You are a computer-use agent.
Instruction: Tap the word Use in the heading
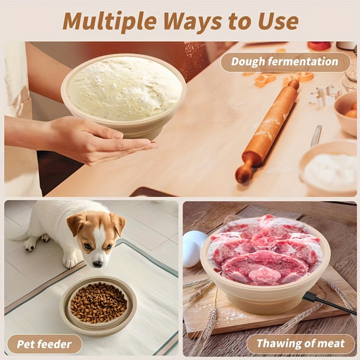pos(278,21)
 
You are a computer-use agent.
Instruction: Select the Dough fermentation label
pos(285,62)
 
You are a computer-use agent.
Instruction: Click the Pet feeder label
pos(44,344)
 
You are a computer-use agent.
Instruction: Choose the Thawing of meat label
pos(301,343)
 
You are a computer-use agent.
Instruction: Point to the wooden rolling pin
pos(267,131)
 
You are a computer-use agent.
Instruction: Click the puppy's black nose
pos(98,264)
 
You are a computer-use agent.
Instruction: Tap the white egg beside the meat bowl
pos(194,249)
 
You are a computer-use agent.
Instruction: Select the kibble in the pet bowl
pos(98,302)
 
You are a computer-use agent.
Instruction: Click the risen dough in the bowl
pos(124,88)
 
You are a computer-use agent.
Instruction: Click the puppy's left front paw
pos(70,261)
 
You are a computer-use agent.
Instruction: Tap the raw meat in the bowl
pos(264,250)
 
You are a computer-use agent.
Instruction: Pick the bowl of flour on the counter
pos(328,168)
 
